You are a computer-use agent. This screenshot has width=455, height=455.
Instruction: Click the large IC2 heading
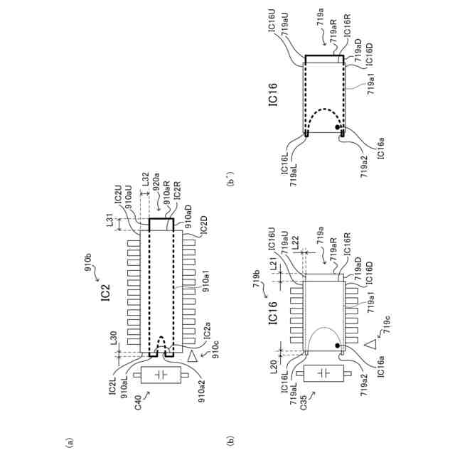[x=104, y=292]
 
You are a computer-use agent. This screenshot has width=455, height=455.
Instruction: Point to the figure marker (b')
[x=230, y=178]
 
